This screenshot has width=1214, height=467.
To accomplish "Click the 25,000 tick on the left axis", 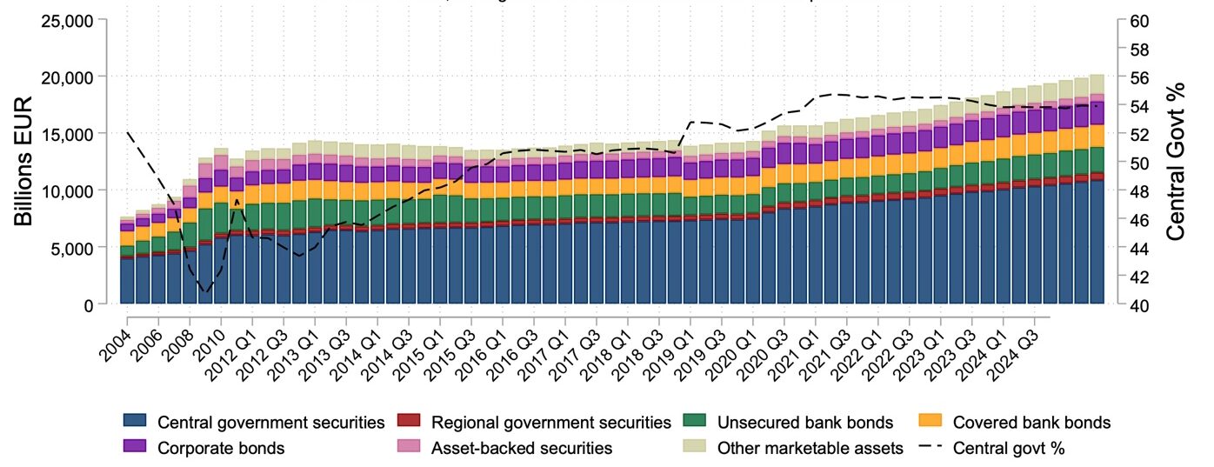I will (68, 20).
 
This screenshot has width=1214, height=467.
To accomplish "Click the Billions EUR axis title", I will (23, 163).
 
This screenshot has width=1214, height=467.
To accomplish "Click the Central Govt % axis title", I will (1176, 163).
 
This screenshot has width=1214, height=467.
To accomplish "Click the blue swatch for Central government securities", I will (136, 423).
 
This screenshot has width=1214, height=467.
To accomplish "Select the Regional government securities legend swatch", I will (409, 423).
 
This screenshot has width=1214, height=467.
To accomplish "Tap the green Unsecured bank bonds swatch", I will (695, 423).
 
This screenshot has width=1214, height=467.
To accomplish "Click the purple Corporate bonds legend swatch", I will (136, 449).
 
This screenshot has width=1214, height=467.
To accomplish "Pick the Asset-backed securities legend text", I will (522, 449).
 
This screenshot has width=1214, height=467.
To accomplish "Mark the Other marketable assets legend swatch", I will (695, 449).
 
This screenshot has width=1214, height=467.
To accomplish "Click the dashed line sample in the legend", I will (930, 449).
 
